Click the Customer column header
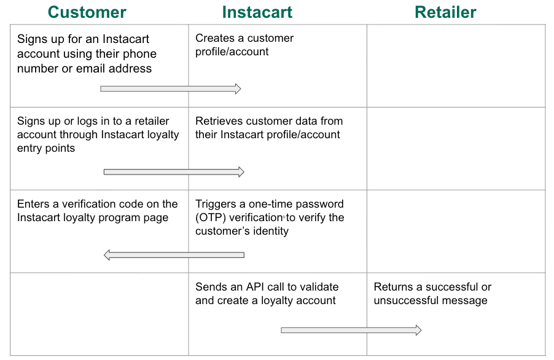coord(87,12)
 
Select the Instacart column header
coord(257,12)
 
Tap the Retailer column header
coord(445,12)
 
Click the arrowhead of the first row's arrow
coord(236,89)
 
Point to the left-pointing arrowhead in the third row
coord(108,255)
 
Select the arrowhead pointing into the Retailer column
coord(418,331)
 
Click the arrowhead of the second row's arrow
coord(240,172)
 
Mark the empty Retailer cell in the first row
coord(456,66)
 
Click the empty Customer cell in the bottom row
coord(99,313)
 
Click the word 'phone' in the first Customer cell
coord(140,54)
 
